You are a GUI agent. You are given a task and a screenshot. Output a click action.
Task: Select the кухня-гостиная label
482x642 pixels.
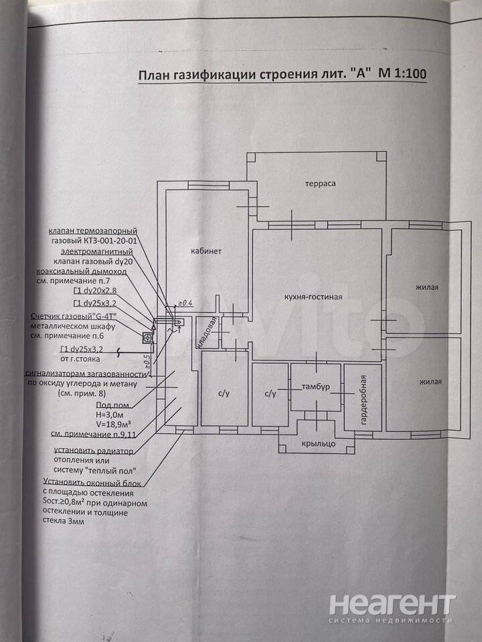(314, 297)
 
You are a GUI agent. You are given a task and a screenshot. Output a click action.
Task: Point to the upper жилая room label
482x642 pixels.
(426, 288)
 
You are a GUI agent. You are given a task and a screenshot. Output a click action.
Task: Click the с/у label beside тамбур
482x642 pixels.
(270, 394)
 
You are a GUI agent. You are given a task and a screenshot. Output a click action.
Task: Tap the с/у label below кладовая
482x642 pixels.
(224, 394)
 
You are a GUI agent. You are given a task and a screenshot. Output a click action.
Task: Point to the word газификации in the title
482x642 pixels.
(212, 76)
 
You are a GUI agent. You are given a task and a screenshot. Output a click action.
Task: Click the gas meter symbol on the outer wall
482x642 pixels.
(147, 336)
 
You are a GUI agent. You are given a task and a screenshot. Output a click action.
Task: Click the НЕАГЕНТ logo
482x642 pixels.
(393, 607)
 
